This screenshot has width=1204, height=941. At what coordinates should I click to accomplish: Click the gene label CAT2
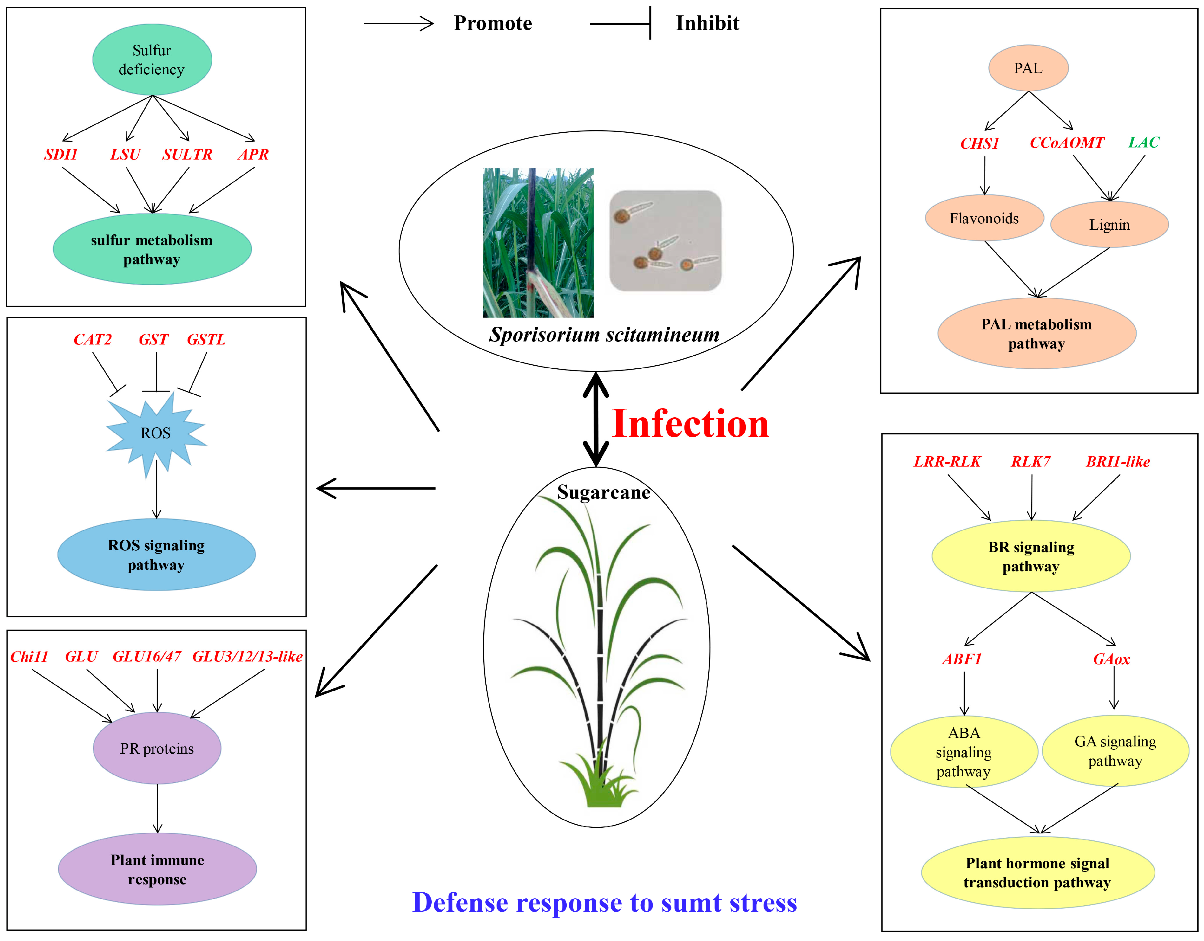[93, 339]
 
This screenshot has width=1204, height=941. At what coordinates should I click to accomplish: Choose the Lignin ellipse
[1109, 225]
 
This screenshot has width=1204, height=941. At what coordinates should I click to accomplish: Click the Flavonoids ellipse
[984, 218]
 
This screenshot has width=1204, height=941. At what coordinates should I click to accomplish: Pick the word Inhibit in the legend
[707, 23]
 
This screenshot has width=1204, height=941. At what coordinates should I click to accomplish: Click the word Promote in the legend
[493, 23]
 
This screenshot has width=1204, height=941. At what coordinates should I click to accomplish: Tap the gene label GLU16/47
[146, 656]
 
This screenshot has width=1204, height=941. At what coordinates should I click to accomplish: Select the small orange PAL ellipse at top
[1028, 68]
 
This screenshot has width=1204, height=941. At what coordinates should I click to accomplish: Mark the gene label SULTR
[187, 154]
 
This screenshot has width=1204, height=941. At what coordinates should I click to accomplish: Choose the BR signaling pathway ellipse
[1031, 556]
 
